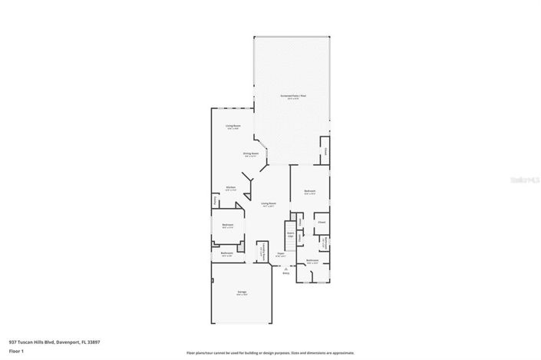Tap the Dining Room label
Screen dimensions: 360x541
[251, 154]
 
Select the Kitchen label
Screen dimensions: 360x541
[229, 187]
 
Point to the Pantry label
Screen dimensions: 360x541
[214, 200]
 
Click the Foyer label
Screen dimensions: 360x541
[281, 253]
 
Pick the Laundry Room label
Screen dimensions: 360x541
[262, 251]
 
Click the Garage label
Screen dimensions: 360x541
[241, 292]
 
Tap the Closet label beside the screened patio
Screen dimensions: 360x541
[325, 150]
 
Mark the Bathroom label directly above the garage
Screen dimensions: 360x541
[227, 253]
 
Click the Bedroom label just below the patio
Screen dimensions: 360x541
[310, 191]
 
